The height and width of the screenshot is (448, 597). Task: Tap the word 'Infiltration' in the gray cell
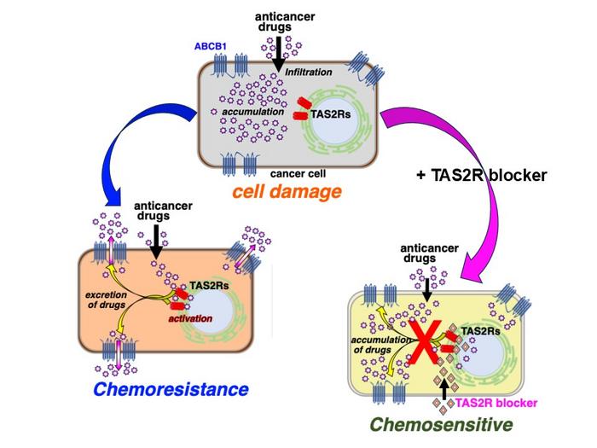314,72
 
